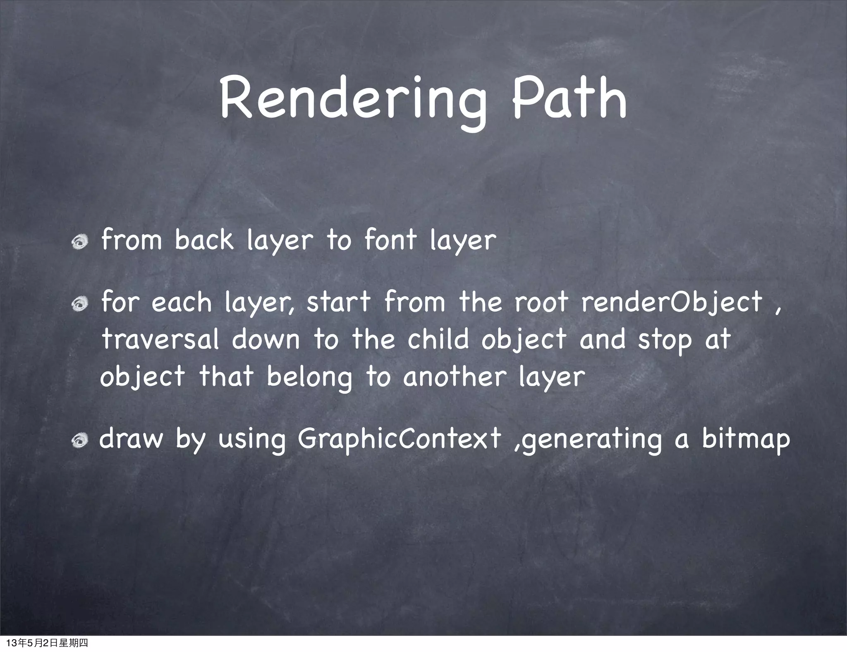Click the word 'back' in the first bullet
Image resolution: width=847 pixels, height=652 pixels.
pos(203,240)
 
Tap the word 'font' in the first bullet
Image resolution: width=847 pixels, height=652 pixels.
pos(390,240)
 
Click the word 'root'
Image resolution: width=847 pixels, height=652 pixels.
pos(541,302)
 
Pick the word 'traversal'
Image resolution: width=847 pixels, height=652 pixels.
pos(160,340)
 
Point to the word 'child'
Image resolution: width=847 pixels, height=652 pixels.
pos(438,339)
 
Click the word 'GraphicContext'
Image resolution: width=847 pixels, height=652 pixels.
pos(399,439)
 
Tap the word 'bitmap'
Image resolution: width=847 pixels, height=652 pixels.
pos(746,440)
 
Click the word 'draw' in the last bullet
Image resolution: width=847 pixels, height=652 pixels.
pos(131,439)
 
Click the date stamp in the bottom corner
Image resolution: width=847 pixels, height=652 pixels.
pos(48,643)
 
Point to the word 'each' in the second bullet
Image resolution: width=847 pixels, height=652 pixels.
pos(182,302)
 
